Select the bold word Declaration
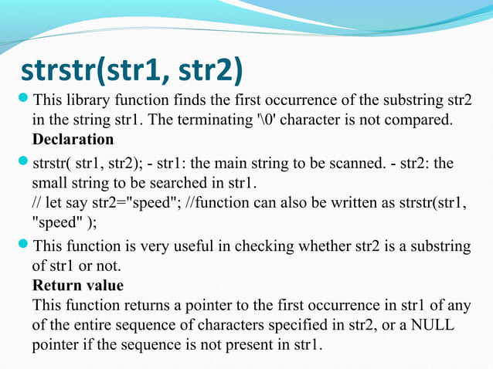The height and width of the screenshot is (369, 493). (73, 140)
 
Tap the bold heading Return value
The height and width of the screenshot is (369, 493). (77, 285)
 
